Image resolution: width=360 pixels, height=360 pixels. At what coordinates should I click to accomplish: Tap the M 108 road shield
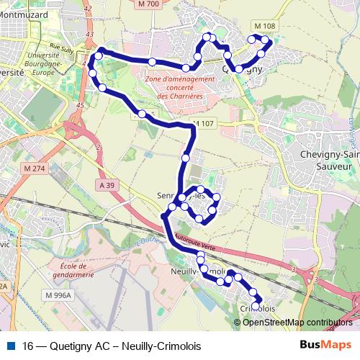click(x=265, y=26)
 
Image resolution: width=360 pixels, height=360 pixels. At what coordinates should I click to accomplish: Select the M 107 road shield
click(x=204, y=124)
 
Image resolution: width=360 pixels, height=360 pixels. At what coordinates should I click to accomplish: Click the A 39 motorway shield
click(x=107, y=185)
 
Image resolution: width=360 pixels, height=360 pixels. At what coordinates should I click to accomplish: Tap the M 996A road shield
click(x=56, y=295)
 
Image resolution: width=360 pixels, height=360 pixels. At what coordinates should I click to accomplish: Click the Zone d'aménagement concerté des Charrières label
click(x=179, y=87)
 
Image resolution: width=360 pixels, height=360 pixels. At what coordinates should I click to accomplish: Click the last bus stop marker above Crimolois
click(x=256, y=305)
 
